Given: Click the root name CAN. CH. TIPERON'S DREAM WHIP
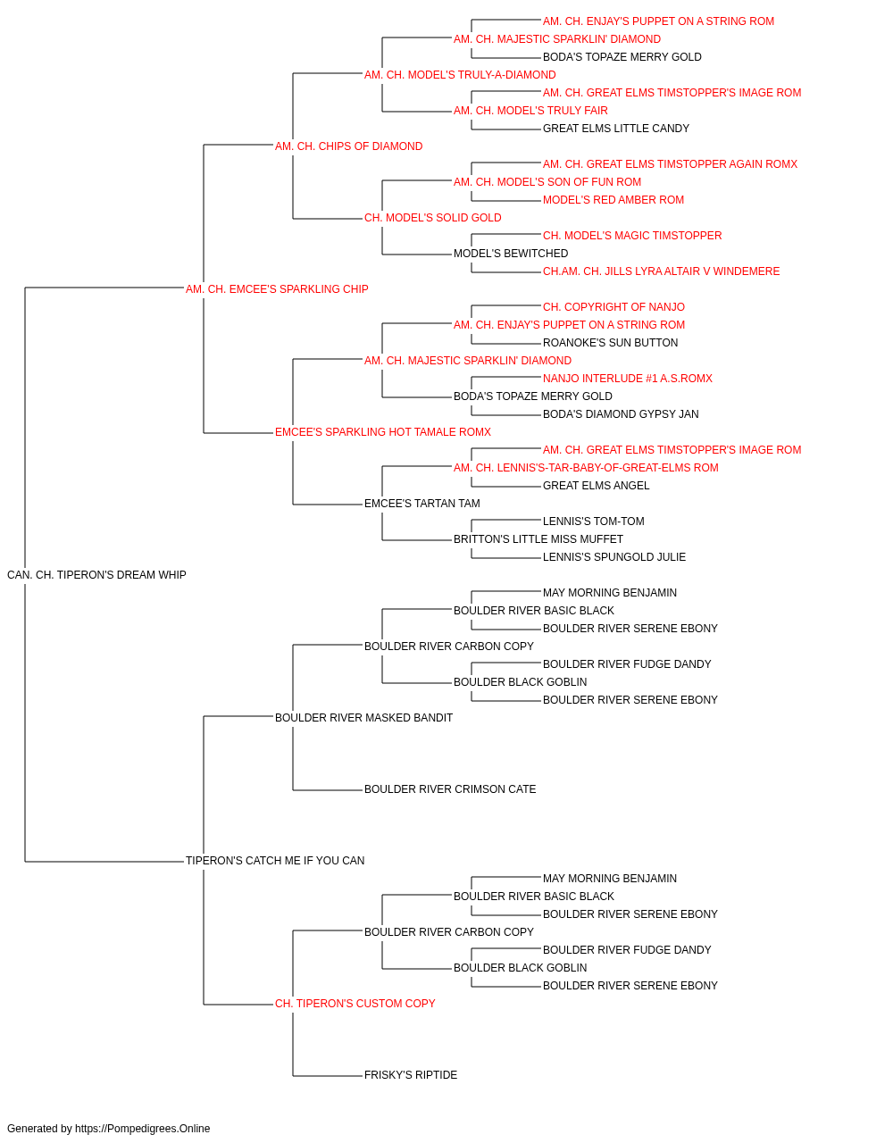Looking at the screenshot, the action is [96, 575].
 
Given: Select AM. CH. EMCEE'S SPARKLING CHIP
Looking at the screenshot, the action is [277, 289].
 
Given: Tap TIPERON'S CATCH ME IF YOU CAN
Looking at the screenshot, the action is [275, 861].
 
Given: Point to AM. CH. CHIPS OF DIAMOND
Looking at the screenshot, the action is [348, 146].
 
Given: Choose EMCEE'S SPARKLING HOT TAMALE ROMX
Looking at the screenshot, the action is [383, 432].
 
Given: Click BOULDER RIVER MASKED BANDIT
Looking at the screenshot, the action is [364, 717].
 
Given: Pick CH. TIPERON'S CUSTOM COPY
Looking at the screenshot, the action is [355, 1003].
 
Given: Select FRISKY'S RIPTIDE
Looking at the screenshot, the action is [411, 1074].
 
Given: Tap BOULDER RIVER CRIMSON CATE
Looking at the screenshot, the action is [450, 789].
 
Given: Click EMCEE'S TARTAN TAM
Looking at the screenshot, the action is [422, 504].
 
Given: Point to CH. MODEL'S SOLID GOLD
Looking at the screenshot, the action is [433, 218].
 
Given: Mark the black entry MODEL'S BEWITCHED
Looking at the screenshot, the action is [511, 254].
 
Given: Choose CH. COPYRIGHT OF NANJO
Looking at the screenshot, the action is [613, 307].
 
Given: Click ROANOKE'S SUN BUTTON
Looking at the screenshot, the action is [610, 343].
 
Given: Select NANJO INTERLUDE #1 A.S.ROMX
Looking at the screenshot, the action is [628, 379].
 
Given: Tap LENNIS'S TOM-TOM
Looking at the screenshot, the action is [593, 521].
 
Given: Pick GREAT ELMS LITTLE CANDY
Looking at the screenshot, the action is [616, 129].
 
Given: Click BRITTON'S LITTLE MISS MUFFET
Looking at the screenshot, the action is [538, 539].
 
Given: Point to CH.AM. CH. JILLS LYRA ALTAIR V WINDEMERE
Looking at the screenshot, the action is [661, 271].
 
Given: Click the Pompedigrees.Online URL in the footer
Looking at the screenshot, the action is [143, 1129].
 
